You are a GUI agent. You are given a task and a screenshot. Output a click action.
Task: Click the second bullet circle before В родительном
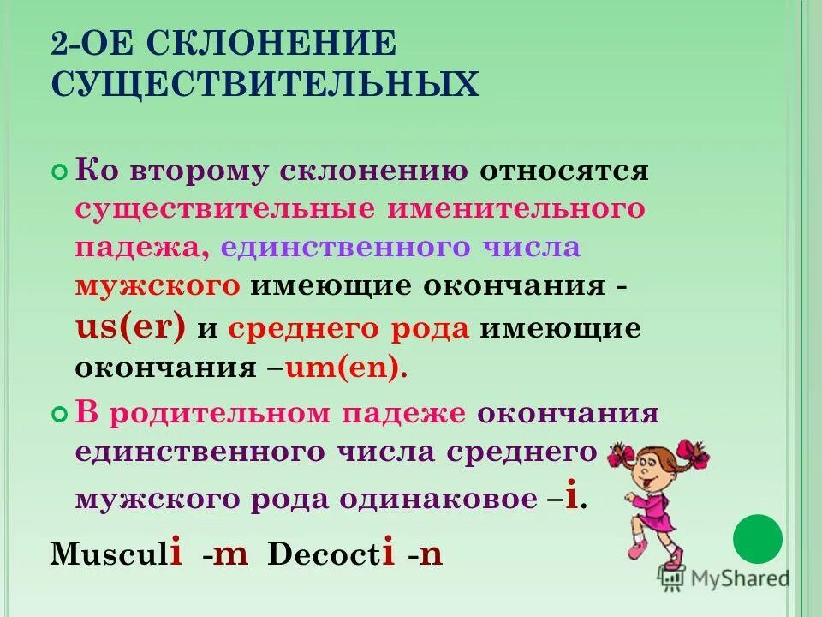pos(59,414)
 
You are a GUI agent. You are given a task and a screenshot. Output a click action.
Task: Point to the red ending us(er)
pos(130,326)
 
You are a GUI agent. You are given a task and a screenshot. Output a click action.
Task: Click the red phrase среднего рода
pos(348,328)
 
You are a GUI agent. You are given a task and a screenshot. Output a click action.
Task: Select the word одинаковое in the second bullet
pos(436,499)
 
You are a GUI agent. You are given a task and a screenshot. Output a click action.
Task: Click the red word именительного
pos(515,208)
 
